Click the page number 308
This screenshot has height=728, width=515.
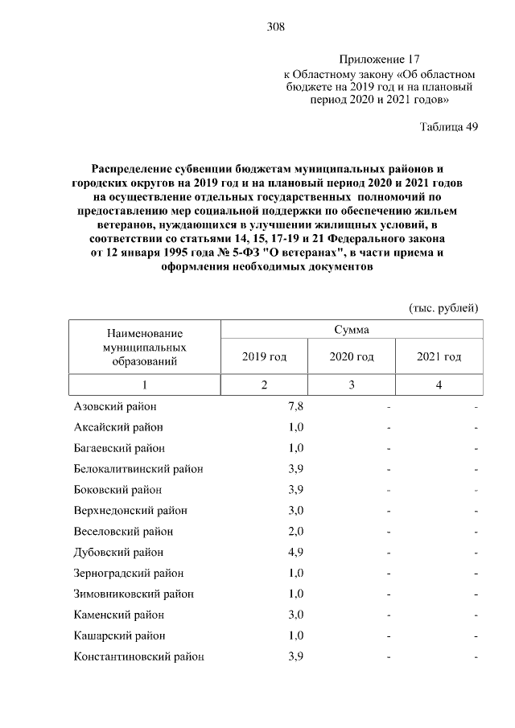click(x=276, y=27)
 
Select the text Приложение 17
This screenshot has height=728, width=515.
click(x=378, y=60)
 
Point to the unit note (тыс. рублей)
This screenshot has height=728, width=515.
click(x=443, y=307)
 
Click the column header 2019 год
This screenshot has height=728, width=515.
click(x=264, y=356)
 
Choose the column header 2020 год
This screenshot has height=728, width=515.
click(x=352, y=356)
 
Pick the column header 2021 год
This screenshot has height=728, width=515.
click(x=439, y=356)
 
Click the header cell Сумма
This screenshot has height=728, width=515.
click(x=352, y=330)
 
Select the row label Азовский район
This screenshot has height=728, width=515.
click(x=115, y=406)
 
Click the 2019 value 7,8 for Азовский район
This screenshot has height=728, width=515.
click(x=295, y=406)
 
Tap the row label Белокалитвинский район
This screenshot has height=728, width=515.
click(x=138, y=469)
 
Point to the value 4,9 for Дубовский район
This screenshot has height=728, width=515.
click(x=295, y=553)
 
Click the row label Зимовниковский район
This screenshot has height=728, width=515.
click(x=134, y=594)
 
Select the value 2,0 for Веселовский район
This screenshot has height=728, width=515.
click(x=295, y=532)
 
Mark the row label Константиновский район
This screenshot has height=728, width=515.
click(x=138, y=657)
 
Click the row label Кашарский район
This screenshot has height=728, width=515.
click(x=119, y=636)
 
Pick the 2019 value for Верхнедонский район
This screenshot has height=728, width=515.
click(x=295, y=511)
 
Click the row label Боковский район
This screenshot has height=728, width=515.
click(x=117, y=490)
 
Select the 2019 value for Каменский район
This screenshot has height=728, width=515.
click(x=295, y=615)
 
